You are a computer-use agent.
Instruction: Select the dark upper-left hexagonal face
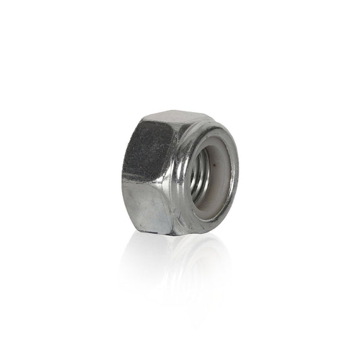click(150, 147)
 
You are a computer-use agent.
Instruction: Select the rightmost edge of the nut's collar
click(238, 172)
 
